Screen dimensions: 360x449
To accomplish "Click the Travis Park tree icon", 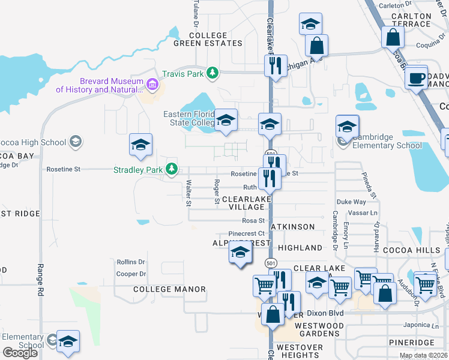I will pos(212,73).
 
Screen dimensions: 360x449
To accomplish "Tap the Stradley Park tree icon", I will pos(172,169).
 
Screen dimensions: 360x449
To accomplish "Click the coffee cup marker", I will pos(415,77).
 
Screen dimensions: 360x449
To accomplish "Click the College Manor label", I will pos(169,289).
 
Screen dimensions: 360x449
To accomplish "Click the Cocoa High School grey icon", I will pos(76,142).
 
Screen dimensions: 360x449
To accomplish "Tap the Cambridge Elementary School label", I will pos(387,141).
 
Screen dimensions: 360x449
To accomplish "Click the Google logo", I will pos(20,353).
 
